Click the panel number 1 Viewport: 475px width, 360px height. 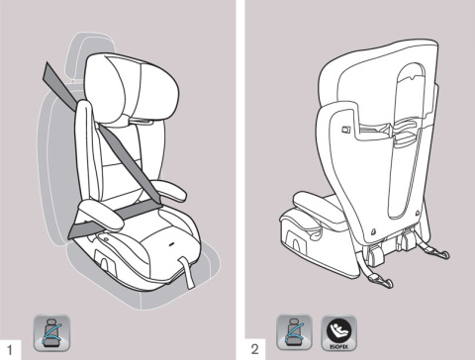(x=10, y=347)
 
